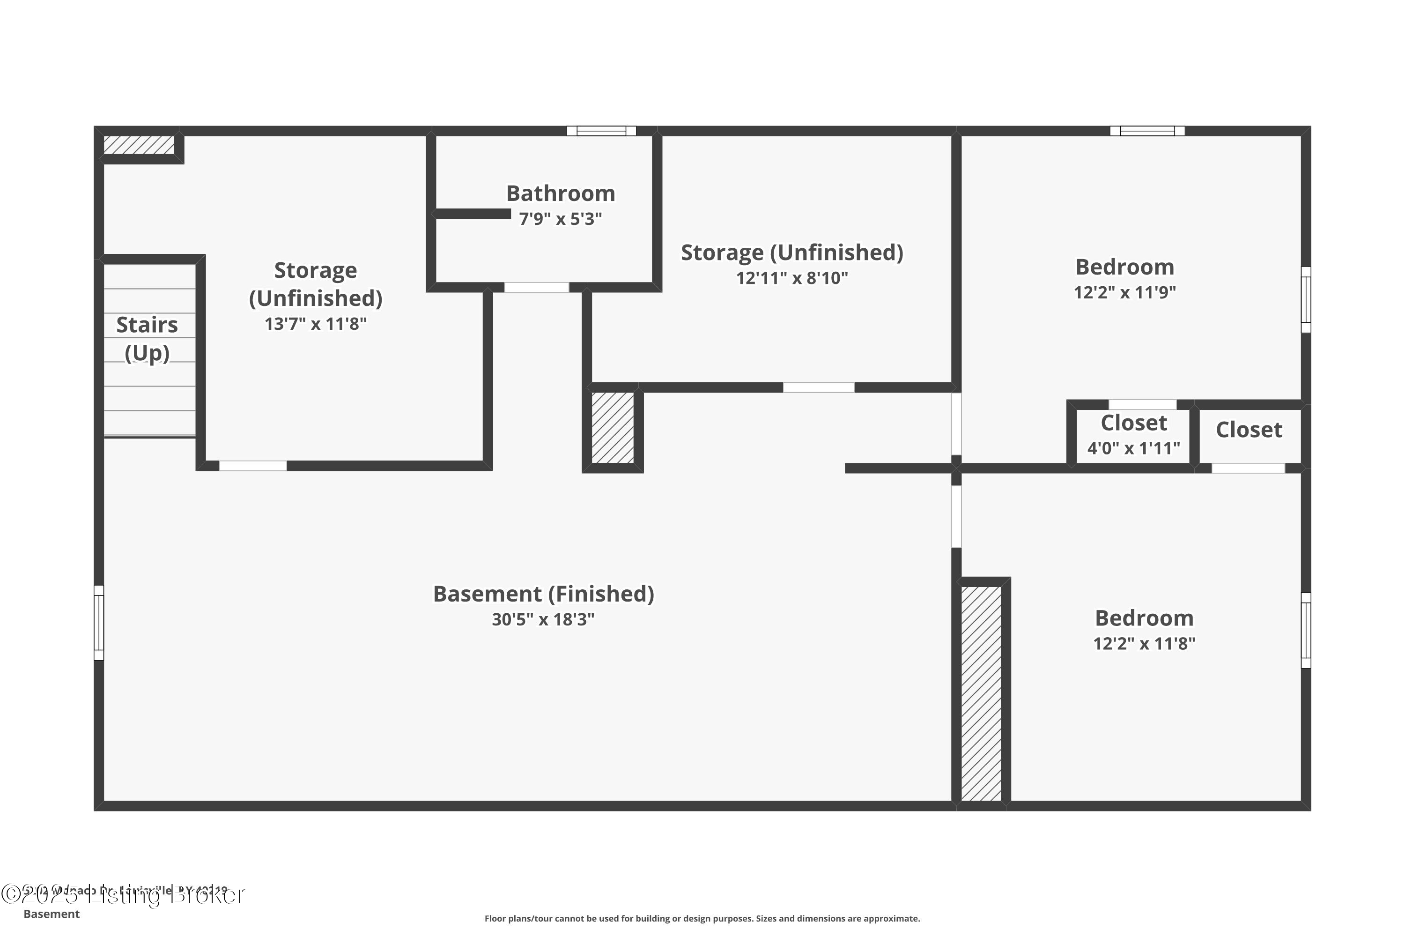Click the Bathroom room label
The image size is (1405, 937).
coord(560,193)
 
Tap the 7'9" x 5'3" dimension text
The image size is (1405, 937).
coord(560,219)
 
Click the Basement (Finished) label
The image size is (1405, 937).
coord(543,594)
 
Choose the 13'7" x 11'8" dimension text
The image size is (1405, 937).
coord(315,324)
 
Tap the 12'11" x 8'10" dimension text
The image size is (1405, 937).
coord(791,278)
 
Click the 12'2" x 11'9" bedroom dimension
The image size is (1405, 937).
coord(1125,292)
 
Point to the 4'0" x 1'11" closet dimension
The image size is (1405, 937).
coord(1133,448)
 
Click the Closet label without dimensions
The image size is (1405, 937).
coord(1249,430)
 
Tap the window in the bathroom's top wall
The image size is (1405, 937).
coord(601,131)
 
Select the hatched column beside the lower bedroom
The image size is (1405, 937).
coord(981,693)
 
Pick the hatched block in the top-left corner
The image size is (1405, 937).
coord(139,145)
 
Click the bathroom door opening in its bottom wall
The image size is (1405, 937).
coord(536,288)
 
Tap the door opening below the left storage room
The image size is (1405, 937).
coord(253,466)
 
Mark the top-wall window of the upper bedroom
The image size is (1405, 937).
coord(1147,131)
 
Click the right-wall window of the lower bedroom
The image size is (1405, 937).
coord(1306,631)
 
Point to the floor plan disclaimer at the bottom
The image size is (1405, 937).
coord(702,918)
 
